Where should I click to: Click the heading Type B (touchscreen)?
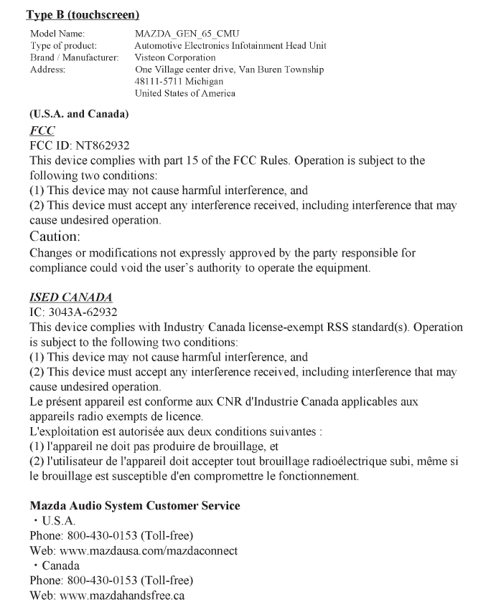83,14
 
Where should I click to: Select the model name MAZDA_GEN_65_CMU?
187,34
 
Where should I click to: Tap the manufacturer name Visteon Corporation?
175,57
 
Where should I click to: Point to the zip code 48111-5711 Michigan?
179,82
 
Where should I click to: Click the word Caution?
54,236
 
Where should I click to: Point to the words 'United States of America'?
185,93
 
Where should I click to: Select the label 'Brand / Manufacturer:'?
75,57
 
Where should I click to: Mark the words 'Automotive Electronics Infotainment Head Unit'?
230,45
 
